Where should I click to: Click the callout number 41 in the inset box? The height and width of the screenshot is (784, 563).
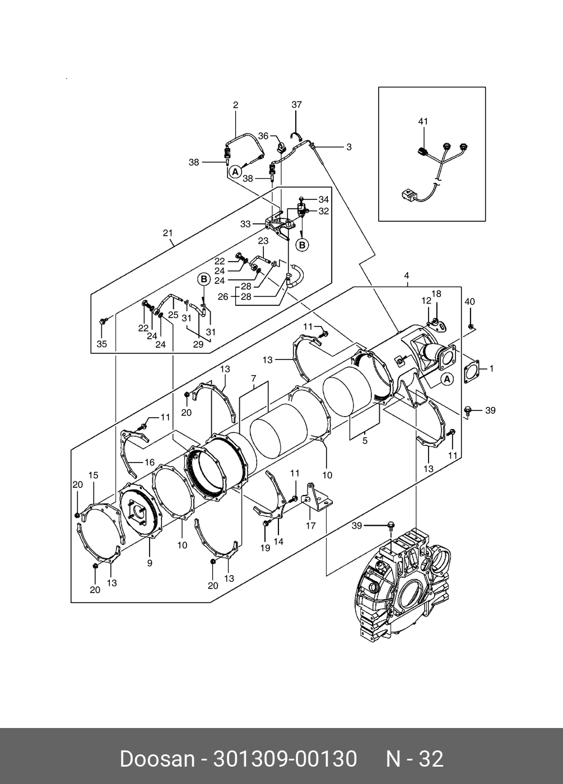(423, 121)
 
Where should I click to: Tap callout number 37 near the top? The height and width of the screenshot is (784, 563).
(296, 105)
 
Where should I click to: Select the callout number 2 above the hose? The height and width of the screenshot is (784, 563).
(236, 105)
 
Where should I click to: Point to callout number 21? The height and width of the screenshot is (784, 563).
(167, 233)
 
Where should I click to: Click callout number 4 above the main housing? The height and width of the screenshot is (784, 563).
(406, 276)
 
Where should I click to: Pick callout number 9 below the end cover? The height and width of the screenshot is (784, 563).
(150, 563)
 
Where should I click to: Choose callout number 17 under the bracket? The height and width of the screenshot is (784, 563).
(310, 526)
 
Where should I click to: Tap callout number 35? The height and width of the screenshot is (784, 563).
(101, 344)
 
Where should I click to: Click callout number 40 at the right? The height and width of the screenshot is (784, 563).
(469, 302)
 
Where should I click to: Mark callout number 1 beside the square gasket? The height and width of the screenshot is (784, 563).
(491, 368)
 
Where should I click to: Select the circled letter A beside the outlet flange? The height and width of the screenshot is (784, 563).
(446, 379)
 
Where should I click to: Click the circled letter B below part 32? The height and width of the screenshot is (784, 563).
(302, 245)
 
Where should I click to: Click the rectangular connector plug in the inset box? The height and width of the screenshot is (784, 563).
(408, 195)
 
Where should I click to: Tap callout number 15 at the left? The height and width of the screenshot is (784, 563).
(93, 475)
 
